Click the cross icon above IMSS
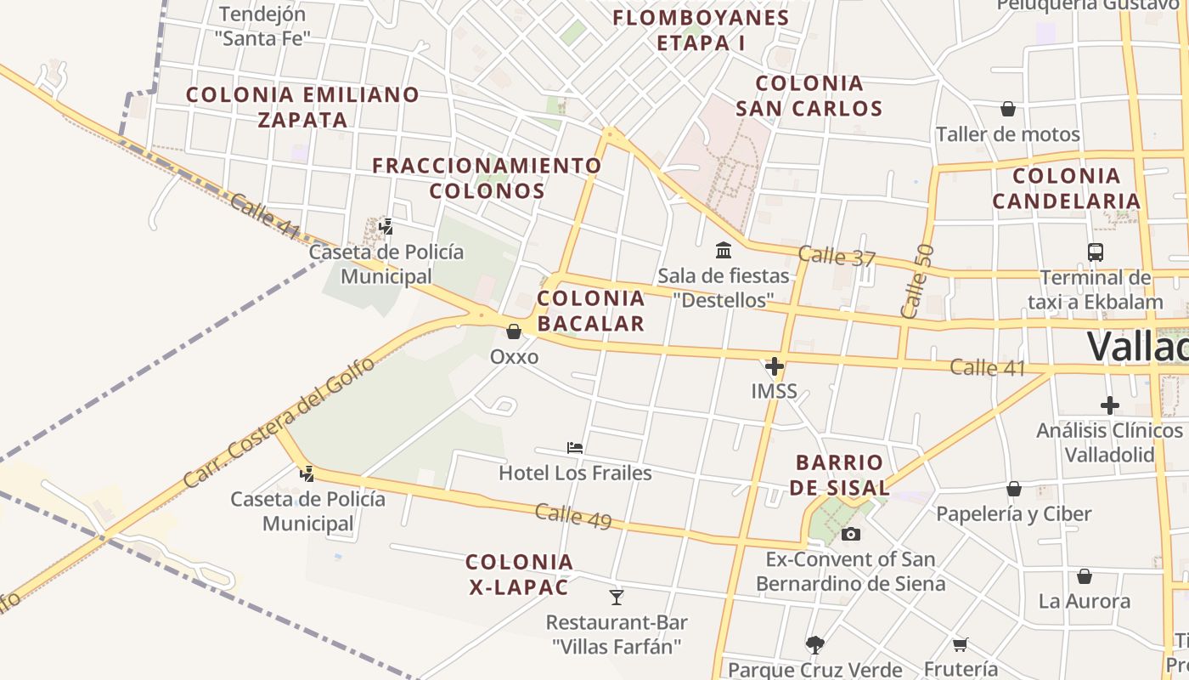pyautogui.click(x=774, y=367)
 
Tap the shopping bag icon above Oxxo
pyautogui.click(x=514, y=331)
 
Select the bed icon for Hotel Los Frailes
pyautogui.click(x=575, y=448)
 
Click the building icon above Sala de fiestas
pyautogui.click(x=724, y=250)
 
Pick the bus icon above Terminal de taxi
pyautogui.click(x=1095, y=252)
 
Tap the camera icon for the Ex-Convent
pyautogui.click(x=850, y=535)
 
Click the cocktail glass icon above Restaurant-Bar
pyautogui.click(x=617, y=598)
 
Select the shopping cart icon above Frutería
pyautogui.click(x=961, y=645)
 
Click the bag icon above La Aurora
pyautogui.click(x=1085, y=577)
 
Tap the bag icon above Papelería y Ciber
pyautogui.click(x=1013, y=489)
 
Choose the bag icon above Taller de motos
pyautogui.click(x=1008, y=109)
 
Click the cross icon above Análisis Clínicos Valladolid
pyautogui.click(x=1109, y=405)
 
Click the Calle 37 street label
pyautogui.click(x=836, y=256)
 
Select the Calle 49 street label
pyautogui.click(x=573, y=516)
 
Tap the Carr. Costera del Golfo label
pyautogui.click(x=279, y=422)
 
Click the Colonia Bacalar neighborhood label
pyautogui.click(x=591, y=310)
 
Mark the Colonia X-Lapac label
pyautogui.click(x=519, y=574)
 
